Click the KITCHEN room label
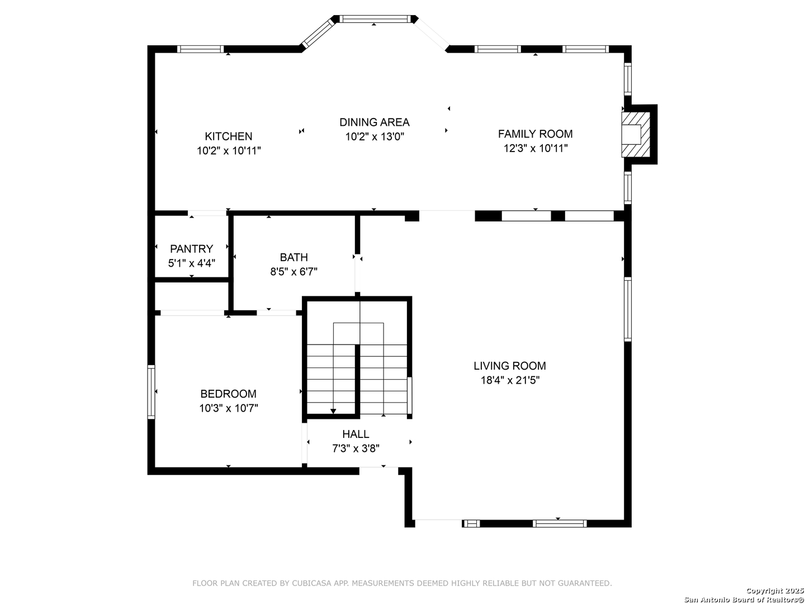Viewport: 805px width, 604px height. [228, 136]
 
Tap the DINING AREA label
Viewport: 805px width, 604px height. [374, 122]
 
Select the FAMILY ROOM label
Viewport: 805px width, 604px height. [535, 134]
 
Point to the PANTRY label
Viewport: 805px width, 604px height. [191, 249]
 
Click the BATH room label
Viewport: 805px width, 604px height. [293, 257]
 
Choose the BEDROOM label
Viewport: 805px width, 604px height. [228, 394]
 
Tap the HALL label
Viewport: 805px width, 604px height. [356, 434]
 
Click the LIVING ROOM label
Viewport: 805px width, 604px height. [510, 366]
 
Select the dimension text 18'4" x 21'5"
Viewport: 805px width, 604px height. [510, 380]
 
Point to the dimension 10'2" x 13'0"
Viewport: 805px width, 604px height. [375, 137]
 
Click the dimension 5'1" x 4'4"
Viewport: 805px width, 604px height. [191, 263]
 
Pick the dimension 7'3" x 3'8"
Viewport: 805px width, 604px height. [356, 449]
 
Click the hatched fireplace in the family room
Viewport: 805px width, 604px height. [636, 135]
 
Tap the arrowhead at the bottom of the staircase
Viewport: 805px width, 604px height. [333, 411]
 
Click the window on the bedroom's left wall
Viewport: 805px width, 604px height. [151, 391]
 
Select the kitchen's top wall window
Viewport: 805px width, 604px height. [200, 49]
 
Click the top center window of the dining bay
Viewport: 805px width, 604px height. [374, 19]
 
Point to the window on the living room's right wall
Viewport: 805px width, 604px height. [628, 309]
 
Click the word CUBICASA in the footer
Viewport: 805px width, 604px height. [311, 583]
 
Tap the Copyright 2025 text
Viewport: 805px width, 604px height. [775, 591]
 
